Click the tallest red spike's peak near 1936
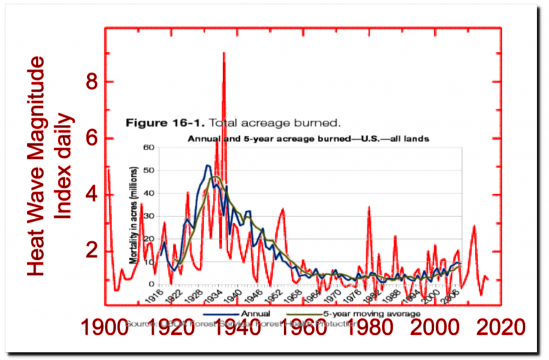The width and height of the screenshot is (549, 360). [x=224, y=53]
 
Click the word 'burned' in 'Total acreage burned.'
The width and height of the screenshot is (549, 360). [x=322, y=123]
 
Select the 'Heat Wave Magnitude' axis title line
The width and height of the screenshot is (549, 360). [x=36, y=166]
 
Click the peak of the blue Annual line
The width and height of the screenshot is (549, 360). [x=207, y=165]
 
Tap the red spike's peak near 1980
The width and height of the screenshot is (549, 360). [x=369, y=207]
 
